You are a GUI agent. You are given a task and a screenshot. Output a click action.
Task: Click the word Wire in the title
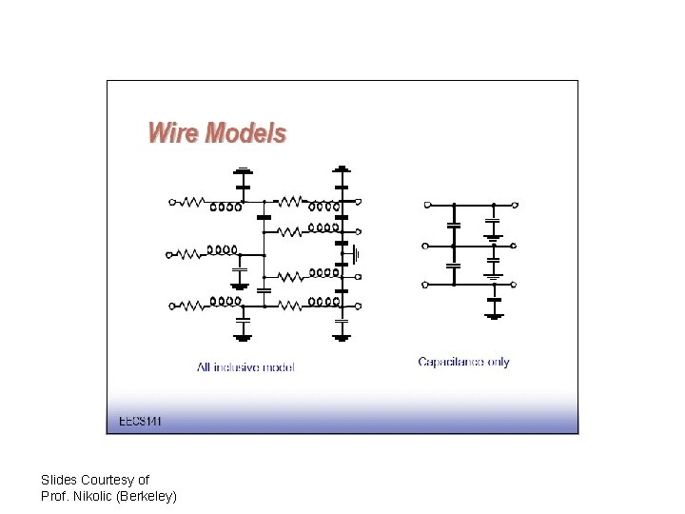pyautogui.click(x=174, y=132)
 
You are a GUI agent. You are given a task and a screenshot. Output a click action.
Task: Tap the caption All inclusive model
pyautogui.click(x=245, y=367)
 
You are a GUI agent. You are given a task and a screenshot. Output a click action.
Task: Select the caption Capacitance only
pyautogui.click(x=463, y=362)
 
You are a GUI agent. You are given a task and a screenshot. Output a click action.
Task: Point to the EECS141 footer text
pyautogui.click(x=140, y=421)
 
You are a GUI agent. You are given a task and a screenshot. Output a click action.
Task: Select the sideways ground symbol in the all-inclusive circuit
pyautogui.click(x=356, y=254)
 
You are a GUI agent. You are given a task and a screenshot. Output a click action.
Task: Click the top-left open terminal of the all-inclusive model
pyautogui.click(x=172, y=202)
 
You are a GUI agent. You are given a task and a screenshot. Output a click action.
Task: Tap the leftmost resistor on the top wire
pyautogui.click(x=193, y=202)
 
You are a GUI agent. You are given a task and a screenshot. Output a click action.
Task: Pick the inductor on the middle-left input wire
pyautogui.click(x=223, y=250)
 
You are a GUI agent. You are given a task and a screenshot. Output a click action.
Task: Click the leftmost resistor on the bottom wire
pyautogui.click(x=193, y=305)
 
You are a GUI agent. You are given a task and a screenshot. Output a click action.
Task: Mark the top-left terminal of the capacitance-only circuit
pyautogui.click(x=427, y=205)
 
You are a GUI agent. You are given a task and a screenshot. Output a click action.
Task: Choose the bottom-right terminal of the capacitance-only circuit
pyautogui.click(x=514, y=284)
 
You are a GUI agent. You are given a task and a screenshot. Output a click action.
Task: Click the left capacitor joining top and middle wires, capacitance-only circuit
pyautogui.click(x=454, y=226)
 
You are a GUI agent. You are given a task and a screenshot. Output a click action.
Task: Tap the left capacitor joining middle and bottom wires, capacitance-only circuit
pyautogui.click(x=454, y=267)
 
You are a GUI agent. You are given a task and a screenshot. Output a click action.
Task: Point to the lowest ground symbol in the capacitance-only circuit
pyautogui.click(x=493, y=314)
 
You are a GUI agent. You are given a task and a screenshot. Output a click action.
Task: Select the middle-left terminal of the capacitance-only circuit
pyautogui.click(x=425, y=246)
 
